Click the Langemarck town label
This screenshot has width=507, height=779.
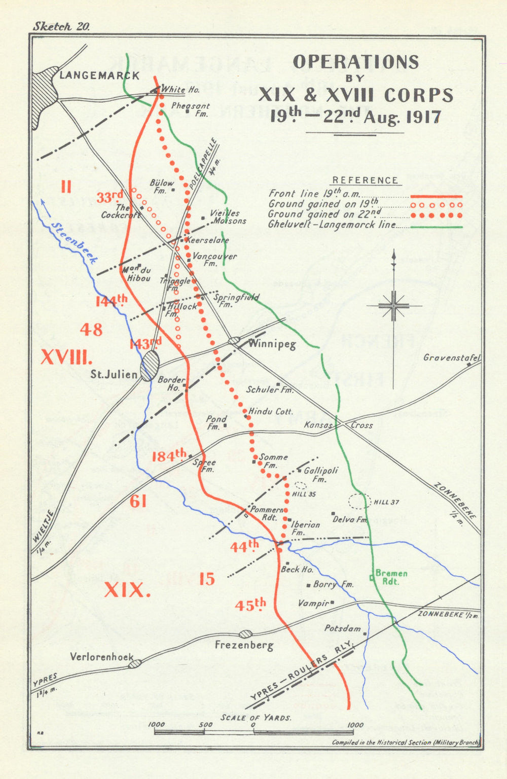coord(99,76)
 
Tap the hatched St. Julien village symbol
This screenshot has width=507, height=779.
coord(150,365)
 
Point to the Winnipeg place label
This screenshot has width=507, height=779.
coord(272,344)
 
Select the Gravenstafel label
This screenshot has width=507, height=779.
coord(451,358)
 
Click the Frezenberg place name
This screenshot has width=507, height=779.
coord(244,645)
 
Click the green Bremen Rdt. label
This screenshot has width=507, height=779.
coord(391,577)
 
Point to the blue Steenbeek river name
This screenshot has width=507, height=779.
coord(74,242)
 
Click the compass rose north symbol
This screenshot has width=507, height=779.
coord(394,306)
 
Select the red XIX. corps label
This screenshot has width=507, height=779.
coord(127,590)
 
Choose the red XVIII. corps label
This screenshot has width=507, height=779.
coord(66,357)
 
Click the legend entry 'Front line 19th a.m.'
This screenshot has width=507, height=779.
coord(314,193)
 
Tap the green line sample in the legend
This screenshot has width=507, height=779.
coord(436,227)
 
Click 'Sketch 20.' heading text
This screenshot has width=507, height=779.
coord(61,27)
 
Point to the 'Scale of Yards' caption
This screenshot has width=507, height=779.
coord(256,717)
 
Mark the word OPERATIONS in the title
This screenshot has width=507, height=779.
coord(356,62)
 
